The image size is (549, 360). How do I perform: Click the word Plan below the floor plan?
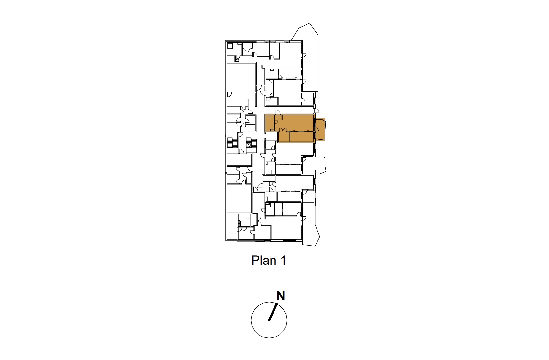[x=264, y=260]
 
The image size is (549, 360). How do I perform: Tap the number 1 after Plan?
[x=283, y=260]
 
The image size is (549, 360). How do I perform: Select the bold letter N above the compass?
[x=281, y=296]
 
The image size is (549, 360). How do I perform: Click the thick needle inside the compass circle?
[x=273, y=312]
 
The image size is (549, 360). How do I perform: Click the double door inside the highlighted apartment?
[x=283, y=130]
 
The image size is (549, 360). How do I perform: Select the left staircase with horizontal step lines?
[x=232, y=143]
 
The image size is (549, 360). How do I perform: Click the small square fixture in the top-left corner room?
[x=230, y=46]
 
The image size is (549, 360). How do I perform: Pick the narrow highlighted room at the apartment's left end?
[x=270, y=123]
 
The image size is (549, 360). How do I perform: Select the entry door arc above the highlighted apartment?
[x=278, y=112]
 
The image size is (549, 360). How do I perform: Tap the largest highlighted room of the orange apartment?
[x=294, y=123]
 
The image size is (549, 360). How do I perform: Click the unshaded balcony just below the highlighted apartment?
[x=314, y=165]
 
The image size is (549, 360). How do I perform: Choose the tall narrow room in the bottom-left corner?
[x=232, y=227]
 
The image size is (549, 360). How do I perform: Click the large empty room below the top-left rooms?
[x=241, y=77]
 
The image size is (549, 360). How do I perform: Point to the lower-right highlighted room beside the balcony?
[x=302, y=137]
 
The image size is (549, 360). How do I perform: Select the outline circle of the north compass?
[x=269, y=320]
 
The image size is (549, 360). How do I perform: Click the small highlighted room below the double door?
[x=284, y=137]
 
